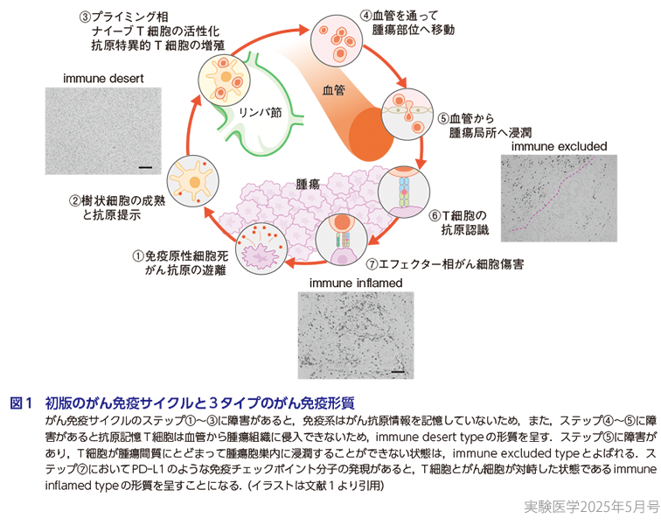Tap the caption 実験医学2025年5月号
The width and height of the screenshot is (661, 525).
588,507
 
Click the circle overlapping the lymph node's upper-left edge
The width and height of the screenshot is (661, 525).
226,80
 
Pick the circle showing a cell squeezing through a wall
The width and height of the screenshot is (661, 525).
407,114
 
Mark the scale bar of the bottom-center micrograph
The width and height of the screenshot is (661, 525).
399,371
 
